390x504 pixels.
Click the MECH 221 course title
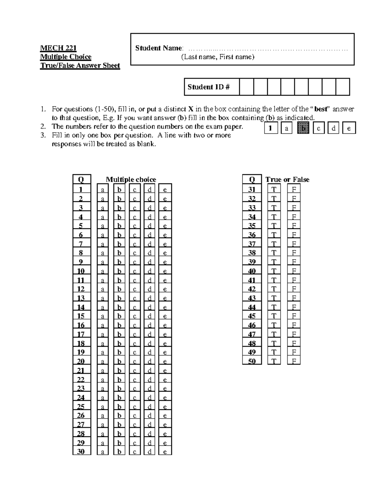pyautogui.click(x=58, y=48)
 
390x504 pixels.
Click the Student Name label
pyautogui.click(x=159, y=48)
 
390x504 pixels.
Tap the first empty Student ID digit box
pyautogui.click(x=246, y=87)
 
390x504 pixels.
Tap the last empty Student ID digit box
pyautogui.click(x=343, y=87)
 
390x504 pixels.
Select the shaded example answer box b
pyautogui.click(x=304, y=128)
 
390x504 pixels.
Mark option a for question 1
pyautogui.click(x=103, y=189)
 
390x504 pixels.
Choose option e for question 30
pyautogui.click(x=165, y=451)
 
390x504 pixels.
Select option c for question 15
pyautogui.click(x=134, y=316)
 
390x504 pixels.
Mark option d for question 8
pyautogui.click(x=149, y=253)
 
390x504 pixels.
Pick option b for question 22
pyautogui.click(x=119, y=379)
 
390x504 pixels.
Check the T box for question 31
pyautogui.click(x=274, y=189)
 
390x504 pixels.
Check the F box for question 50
pyautogui.click(x=294, y=361)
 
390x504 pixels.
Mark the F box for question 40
pyautogui.click(x=294, y=271)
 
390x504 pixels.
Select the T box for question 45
pyautogui.click(x=274, y=316)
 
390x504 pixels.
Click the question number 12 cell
pyautogui.click(x=81, y=289)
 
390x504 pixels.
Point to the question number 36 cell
pyautogui.click(x=252, y=235)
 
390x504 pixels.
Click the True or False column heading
pyautogui.click(x=287, y=179)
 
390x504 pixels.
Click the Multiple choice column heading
pyautogui.click(x=131, y=179)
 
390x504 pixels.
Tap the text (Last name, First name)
pyautogui.click(x=218, y=57)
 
